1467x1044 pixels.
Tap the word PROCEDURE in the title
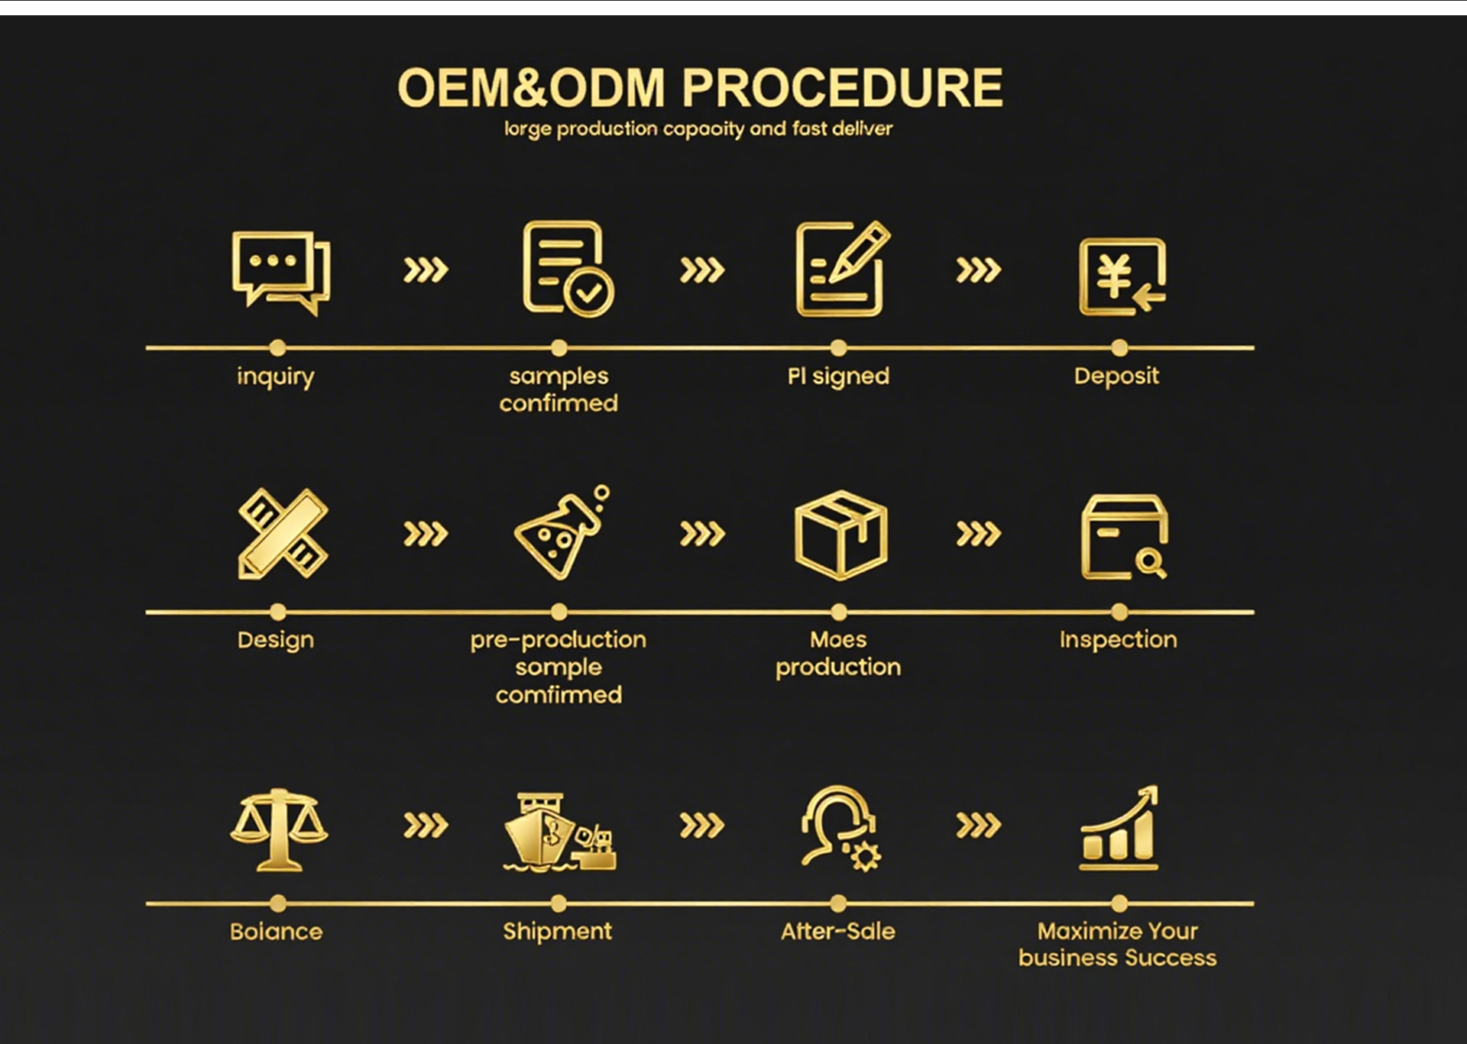tap(841, 88)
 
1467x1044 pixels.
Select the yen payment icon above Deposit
tap(1122, 276)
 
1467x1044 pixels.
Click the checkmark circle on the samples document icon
tap(589, 292)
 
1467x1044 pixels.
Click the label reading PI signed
tap(838, 376)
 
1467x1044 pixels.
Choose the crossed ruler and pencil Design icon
tap(282, 534)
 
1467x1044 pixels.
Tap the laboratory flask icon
tap(561, 534)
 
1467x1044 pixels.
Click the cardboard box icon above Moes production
tap(840, 535)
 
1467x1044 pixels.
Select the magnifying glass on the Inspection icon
tap(1149, 564)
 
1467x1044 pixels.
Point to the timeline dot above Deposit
tap(1119, 348)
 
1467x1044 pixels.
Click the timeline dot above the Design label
tap(278, 612)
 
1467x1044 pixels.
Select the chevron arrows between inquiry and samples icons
tap(426, 270)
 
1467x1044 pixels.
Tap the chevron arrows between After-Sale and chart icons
tap(978, 825)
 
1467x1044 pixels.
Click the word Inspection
tap(1118, 640)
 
